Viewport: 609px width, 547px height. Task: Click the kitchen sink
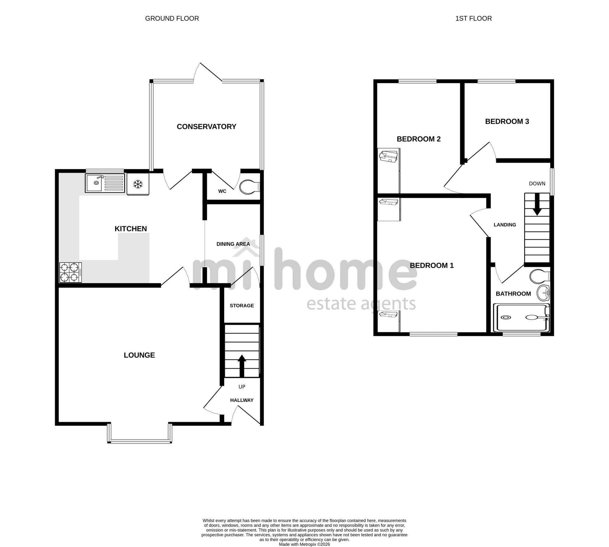[x=105, y=183]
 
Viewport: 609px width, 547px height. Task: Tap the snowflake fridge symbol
[x=138, y=184]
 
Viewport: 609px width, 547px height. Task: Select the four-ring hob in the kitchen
[x=71, y=272]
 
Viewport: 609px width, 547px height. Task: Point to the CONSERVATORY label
[x=206, y=126]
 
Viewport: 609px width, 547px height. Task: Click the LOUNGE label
[x=139, y=355]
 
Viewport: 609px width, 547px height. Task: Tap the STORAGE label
[x=242, y=306]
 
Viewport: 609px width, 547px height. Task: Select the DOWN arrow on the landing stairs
[x=537, y=204]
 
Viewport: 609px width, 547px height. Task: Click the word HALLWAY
[x=242, y=400]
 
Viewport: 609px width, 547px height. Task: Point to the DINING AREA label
[x=233, y=244]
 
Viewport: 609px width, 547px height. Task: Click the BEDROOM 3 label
[x=507, y=121]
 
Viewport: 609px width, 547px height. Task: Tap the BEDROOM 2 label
[x=419, y=139]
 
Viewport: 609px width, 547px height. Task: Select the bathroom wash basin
[x=543, y=293]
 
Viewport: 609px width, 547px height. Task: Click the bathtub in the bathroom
[x=521, y=318]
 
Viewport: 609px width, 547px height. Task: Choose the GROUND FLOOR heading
[x=172, y=18]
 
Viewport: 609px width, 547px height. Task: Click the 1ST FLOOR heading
[x=473, y=18]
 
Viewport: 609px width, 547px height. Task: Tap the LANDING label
[x=505, y=225]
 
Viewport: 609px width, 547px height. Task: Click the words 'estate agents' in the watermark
[x=361, y=304]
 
